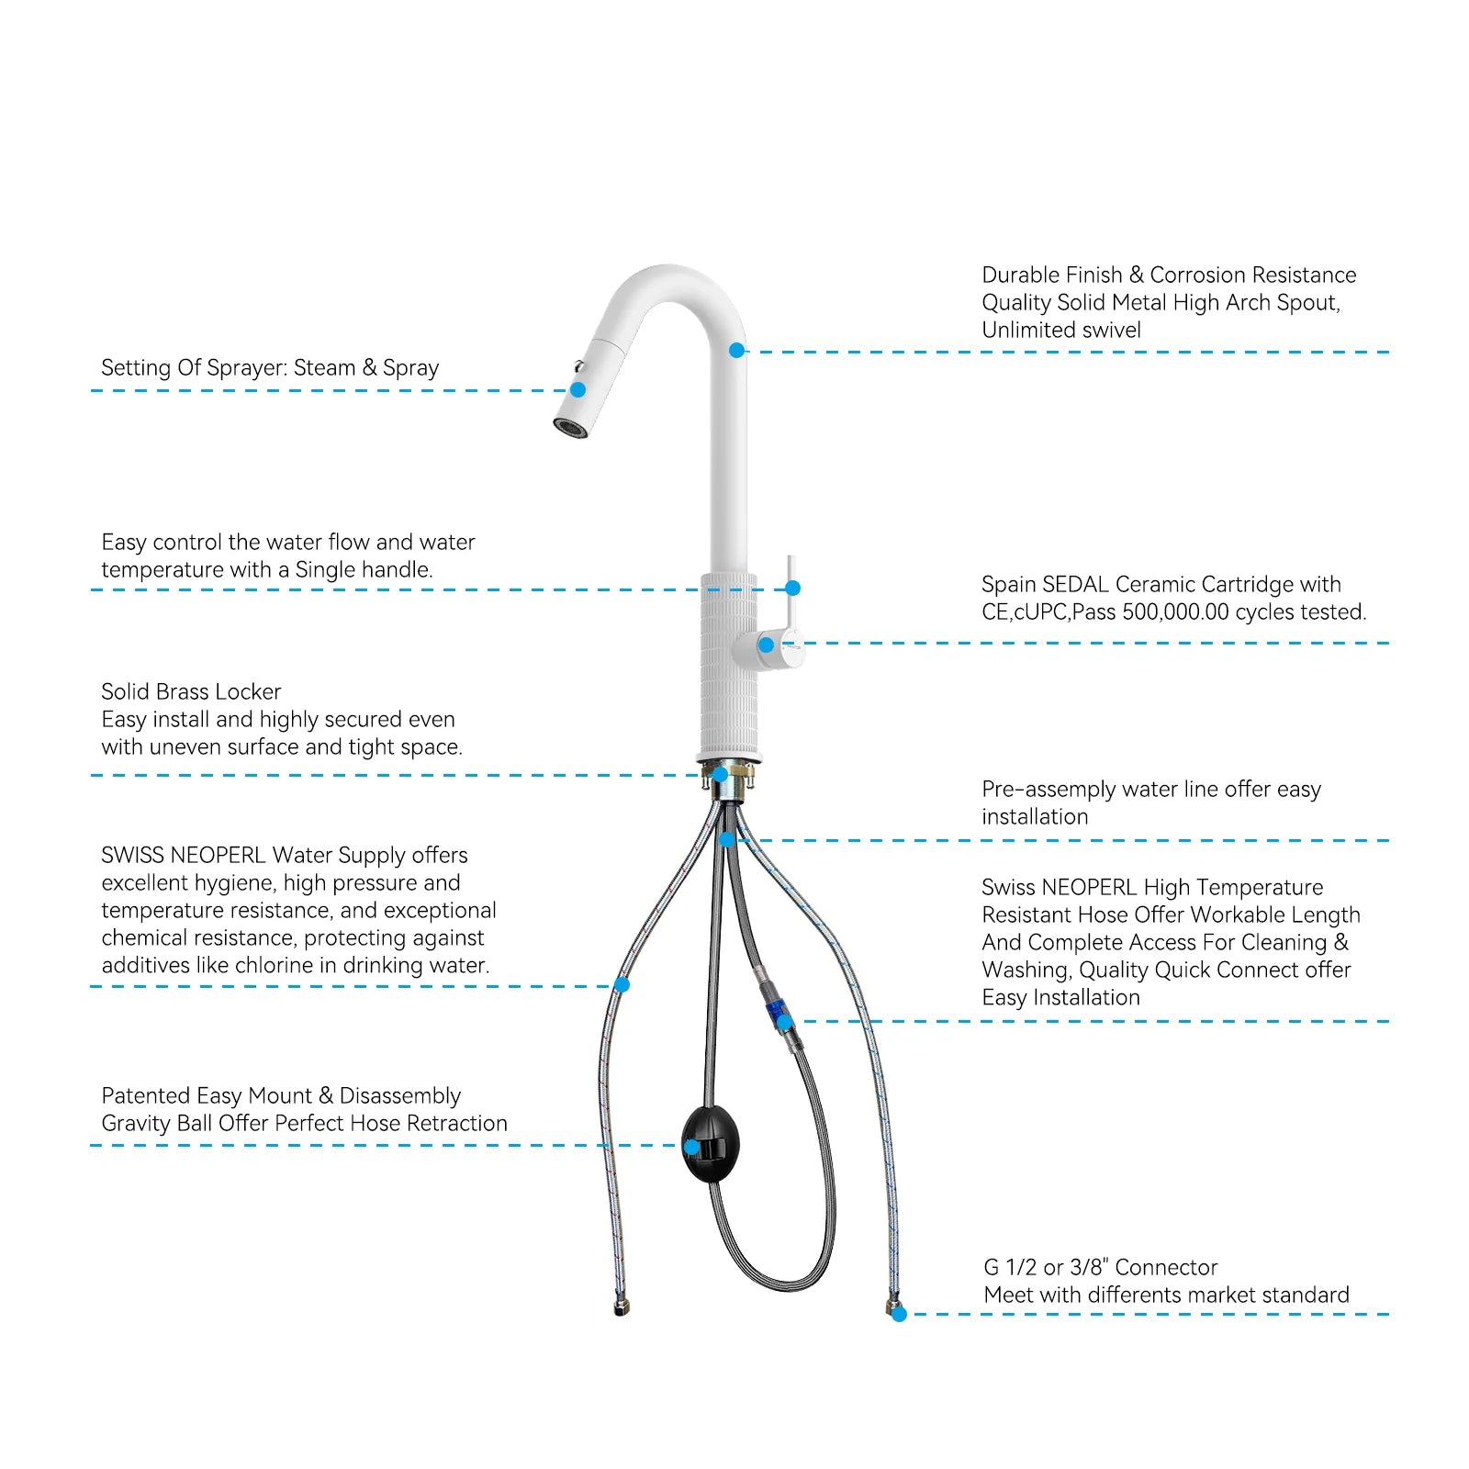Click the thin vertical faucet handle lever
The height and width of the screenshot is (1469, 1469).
(790, 588)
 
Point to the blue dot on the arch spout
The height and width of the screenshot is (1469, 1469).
(736, 351)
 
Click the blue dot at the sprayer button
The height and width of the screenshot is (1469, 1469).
(578, 389)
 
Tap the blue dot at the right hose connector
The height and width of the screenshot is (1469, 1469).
(899, 1315)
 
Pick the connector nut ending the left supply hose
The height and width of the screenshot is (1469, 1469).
(622, 1307)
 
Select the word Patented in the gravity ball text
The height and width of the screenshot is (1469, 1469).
(145, 1096)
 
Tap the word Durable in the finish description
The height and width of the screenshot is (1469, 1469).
(1018, 275)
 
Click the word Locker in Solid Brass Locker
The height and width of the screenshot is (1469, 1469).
(253, 692)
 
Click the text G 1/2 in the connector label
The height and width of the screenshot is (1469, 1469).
(1010, 1268)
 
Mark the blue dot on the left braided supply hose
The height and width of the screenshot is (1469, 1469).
(622, 985)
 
